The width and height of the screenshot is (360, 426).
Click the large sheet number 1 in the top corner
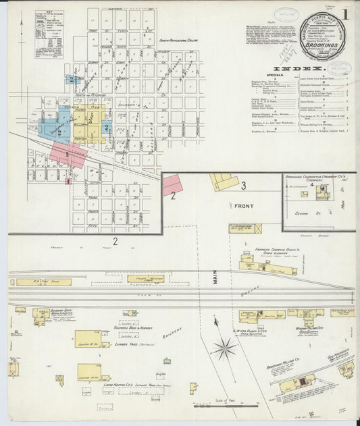pyautogui.click(x=345, y=14)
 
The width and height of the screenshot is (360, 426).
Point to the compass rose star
pyautogui.click(x=224, y=348)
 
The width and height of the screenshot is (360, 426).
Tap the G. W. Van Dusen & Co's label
pyautogui.click(x=249, y=331)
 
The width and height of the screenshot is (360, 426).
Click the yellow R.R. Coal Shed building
pyautogui.click(x=43, y=282)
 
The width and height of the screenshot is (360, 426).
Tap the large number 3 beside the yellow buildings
pyautogui.click(x=243, y=184)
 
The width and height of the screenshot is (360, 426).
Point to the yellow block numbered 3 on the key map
pyautogui.click(x=60, y=132)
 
